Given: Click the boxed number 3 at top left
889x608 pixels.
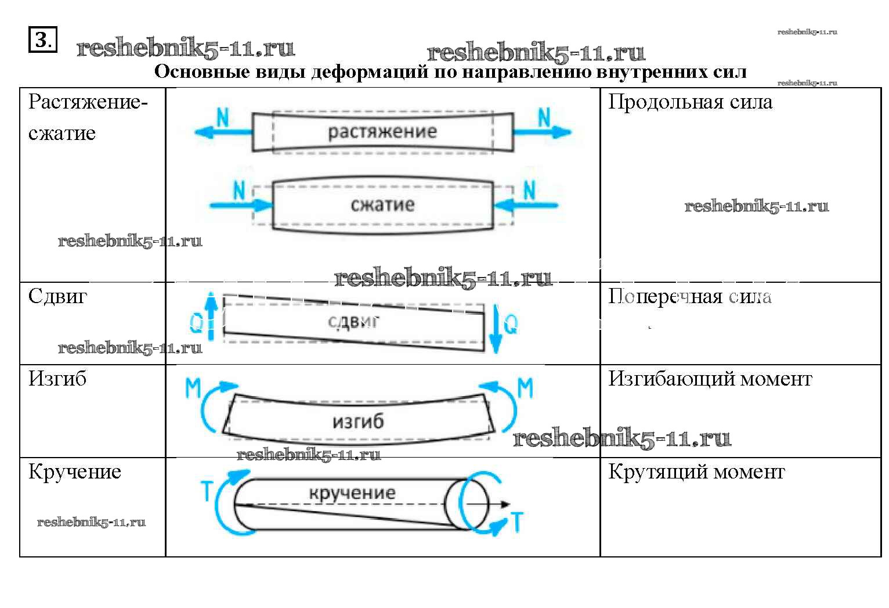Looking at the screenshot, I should (43, 40).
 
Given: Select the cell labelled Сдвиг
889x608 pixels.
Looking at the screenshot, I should (57, 297).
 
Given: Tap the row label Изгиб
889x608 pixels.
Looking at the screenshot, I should (57, 379).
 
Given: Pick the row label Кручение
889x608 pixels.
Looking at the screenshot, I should (75, 472).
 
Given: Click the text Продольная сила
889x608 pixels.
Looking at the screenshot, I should (690, 102).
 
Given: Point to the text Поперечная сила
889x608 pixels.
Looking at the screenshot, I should (689, 297).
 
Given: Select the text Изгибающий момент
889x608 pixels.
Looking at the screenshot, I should (710, 379).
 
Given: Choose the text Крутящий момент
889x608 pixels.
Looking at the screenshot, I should (696, 472).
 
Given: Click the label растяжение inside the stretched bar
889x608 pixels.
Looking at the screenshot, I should (382, 132).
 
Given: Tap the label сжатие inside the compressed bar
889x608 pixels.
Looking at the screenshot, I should (382, 204).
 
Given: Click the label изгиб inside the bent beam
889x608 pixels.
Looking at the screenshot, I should (358, 421).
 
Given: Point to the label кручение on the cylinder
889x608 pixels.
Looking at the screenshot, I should (352, 493).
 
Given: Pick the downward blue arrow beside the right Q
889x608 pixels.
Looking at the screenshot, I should (495, 328).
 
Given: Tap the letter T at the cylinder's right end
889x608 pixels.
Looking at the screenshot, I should (516, 522).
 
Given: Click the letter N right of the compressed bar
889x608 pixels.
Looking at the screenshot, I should (529, 190).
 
